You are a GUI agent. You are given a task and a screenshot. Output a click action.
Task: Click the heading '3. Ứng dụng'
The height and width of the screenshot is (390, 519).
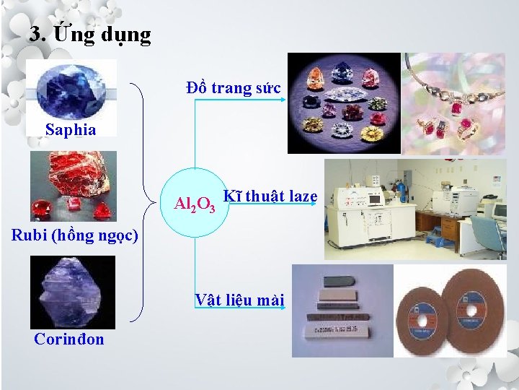coord(90,35)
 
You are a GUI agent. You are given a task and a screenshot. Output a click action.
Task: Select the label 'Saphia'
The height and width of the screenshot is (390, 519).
coord(70,130)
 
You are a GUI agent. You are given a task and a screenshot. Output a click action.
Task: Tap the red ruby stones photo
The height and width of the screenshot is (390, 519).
coord(73,186)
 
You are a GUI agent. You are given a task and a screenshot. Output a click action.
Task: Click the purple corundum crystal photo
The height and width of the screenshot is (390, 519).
coord(72,292)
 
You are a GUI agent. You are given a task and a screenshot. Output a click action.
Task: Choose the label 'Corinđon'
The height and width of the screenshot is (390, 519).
coord(69,339)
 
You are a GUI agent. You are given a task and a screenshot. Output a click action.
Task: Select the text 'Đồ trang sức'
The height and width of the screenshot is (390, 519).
coord(233,89)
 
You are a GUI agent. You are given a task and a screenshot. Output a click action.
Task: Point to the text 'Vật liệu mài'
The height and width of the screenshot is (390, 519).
coord(239,300)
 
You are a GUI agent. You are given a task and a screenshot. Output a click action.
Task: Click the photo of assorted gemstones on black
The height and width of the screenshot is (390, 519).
coord(344,103)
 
